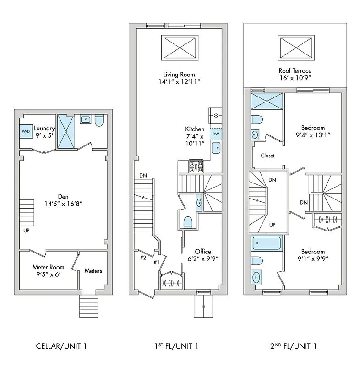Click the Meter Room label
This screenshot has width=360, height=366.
pyautogui.click(x=48, y=267)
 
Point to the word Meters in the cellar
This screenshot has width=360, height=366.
pyautogui.click(x=93, y=271)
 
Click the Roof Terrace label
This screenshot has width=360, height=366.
pyautogui.click(x=295, y=71)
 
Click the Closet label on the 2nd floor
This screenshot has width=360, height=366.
pyautogui.click(x=267, y=156)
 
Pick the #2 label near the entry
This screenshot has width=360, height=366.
pyautogui.click(x=143, y=258)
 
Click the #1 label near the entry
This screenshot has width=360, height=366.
pyautogui.click(x=156, y=262)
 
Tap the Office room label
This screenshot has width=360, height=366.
pyautogui.click(x=203, y=252)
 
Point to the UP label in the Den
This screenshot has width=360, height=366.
pyautogui.click(x=26, y=231)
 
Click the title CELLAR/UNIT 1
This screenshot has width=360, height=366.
pyautogui.click(x=61, y=345)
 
